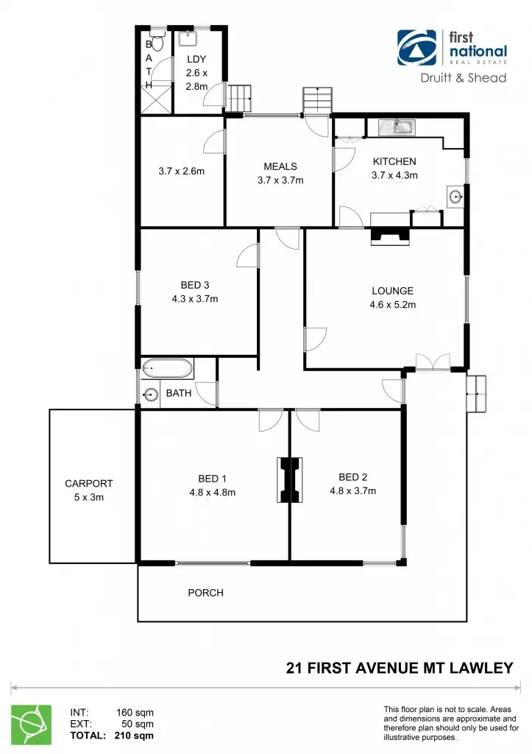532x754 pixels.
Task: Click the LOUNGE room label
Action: (x=391, y=291)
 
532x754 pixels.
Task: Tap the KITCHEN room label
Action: (x=394, y=162)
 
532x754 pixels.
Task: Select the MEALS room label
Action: (x=280, y=166)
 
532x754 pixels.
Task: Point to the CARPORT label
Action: (x=89, y=484)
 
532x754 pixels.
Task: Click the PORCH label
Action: (x=205, y=593)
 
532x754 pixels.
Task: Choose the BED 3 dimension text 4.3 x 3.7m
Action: (x=195, y=299)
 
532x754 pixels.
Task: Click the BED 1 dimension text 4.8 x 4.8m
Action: (x=212, y=493)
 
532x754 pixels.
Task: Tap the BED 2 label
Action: (x=352, y=476)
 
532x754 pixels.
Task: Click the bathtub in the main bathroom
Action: (x=168, y=367)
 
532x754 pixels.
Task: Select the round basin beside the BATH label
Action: (x=151, y=395)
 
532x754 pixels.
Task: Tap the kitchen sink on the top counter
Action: (x=397, y=127)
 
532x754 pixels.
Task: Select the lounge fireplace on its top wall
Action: (x=390, y=235)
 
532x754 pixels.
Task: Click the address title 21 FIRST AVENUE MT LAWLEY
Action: (x=399, y=669)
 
